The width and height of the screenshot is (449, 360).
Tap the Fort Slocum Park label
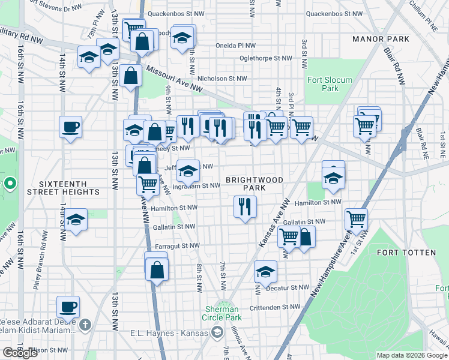click(330, 84)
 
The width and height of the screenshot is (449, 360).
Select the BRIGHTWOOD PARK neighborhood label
click(246, 184)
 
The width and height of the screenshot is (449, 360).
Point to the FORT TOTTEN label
click(406, 253)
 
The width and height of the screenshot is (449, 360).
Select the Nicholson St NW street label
click(222, 78)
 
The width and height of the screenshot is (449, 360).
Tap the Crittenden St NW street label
click(274, 307)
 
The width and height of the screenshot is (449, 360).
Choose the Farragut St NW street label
click(178, 245)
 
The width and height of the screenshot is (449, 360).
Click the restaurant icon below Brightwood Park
click(245, 208)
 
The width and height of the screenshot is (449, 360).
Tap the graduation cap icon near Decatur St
click(265, 272)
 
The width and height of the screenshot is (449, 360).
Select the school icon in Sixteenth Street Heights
click(76, 220)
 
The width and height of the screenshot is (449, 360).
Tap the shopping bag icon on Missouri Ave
click(131, 76)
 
